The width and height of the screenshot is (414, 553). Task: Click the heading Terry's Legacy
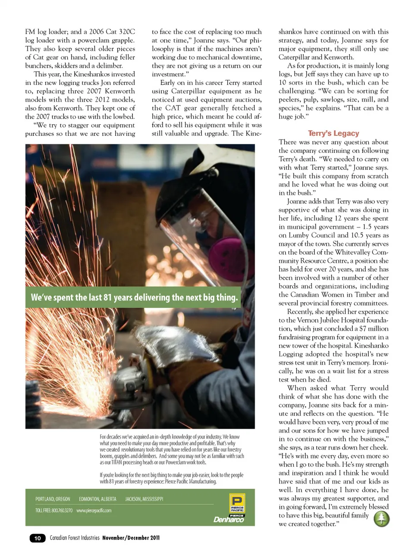point(333,134)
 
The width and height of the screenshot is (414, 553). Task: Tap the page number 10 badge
point(38,538)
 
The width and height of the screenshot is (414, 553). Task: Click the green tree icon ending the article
point(381,519)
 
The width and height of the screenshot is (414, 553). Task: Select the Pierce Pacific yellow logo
point(237,503)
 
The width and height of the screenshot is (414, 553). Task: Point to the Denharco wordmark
point(229,519)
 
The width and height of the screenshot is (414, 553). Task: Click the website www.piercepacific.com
point(94,510)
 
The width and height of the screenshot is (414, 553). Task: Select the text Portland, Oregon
point(53,499)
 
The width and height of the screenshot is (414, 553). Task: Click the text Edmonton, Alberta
point(97,499)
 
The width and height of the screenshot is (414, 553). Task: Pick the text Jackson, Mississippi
point(144,499)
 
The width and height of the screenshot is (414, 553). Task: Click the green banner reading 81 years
point(134,297)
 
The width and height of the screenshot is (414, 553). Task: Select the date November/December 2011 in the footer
point(131,538)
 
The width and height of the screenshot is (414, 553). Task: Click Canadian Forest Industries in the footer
point(75,538)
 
